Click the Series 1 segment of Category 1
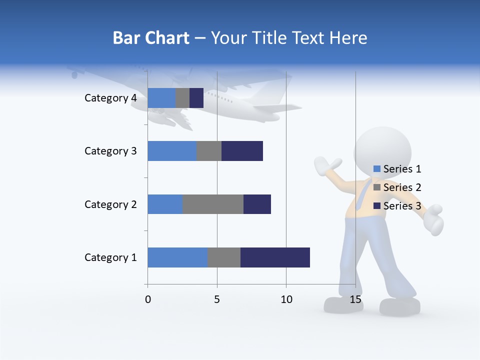coord(177,257)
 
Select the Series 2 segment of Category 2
coord(213,204)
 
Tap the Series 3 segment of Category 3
coord(242,151)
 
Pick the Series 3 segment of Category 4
coord(196,98)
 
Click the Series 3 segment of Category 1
coord(275,257)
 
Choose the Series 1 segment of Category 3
coord(172,151)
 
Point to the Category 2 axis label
coord(110,204)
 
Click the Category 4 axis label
coord(110,98)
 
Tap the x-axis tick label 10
coord(286,299)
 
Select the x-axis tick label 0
coord(147,299)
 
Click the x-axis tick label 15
coord(355,299)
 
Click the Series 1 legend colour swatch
coord(377,169)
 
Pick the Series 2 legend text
coord(402,187)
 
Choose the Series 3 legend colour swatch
coord(377,206)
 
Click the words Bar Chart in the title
coord(151,38)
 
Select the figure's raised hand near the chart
coord(327,164)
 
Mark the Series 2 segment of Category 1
coord(224,257)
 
